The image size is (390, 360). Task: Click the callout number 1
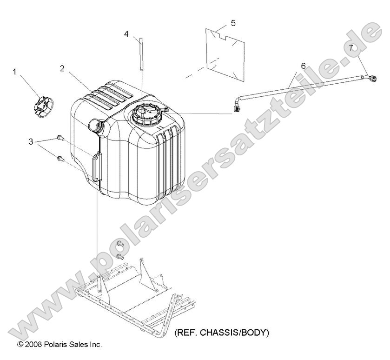click(14, 72)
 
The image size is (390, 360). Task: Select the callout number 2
click(62, 68)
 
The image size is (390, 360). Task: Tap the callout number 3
click(31, 141)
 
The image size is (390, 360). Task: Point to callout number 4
click(126, 34)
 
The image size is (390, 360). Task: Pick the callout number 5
click(233, 23)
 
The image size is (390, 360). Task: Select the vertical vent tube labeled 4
click(141, 54)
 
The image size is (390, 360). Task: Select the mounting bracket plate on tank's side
click(96, 167)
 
